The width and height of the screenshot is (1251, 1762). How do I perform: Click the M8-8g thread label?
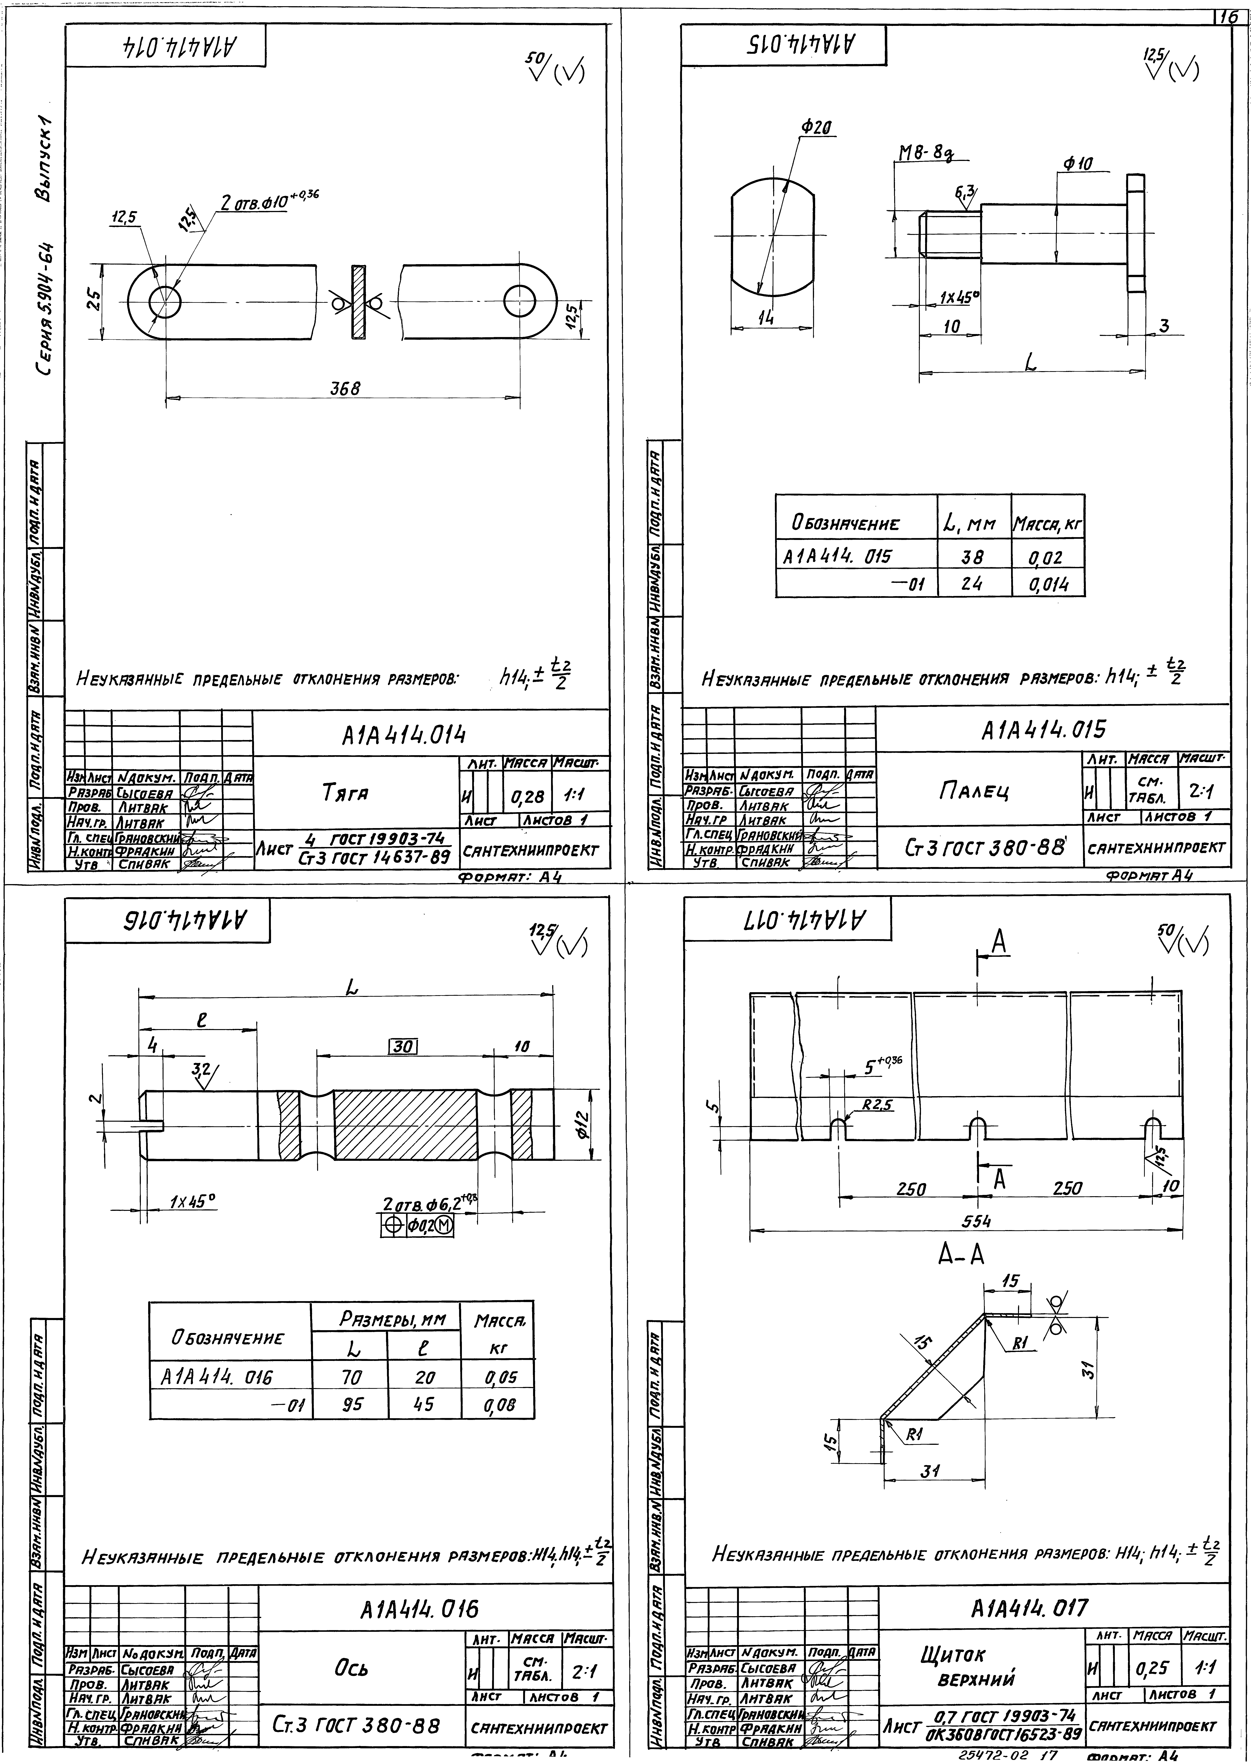tap(924, 153)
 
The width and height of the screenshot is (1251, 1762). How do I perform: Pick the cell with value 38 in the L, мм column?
tap(973, 556)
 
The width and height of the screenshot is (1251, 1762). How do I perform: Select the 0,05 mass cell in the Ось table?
tap(500, 1377)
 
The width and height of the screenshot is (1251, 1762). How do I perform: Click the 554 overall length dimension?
tap(976, 1221)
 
